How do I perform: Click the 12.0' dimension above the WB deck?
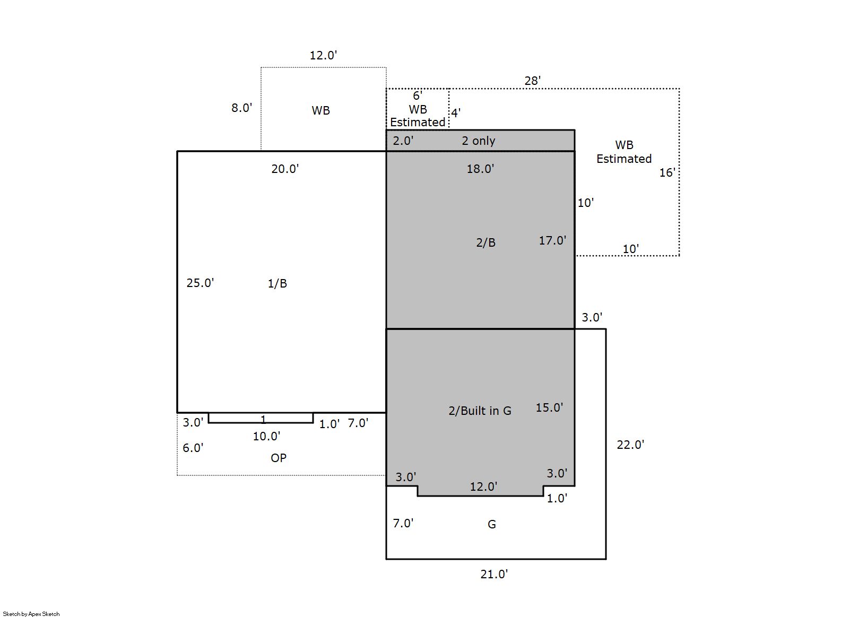pos(323,55)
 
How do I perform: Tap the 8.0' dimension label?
pos(241,108)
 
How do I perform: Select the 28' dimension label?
pos(532,80)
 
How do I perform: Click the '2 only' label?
pos(478,141)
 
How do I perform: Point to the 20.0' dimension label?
pos(285,169)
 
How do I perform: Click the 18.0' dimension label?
pos(480,169)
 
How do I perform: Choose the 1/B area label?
pos(277,283)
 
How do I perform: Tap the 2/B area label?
pos(486,242)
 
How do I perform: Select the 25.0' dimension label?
pos(200,283)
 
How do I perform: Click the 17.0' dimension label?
pos(553,240)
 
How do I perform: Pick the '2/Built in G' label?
pos(480,411)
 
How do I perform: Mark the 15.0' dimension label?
pos(549,407)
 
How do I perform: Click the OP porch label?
pos(279,458)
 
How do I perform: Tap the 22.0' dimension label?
pos(630,445)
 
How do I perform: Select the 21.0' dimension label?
pos(494,574)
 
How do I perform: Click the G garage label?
pos(492,524)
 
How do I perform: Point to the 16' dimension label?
pos(667,172)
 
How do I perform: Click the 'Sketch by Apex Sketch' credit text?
pos(31,614)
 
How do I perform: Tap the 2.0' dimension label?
pos(403,141)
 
